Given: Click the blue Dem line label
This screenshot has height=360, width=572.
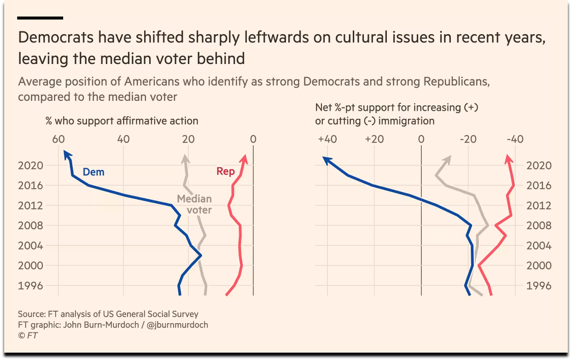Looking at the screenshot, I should coord(93,172).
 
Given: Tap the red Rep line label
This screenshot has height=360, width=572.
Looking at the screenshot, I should coord(226,171).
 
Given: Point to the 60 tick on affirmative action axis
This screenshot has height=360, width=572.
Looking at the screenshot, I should coord(58,139).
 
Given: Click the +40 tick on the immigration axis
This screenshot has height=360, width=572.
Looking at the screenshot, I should coord(327,139).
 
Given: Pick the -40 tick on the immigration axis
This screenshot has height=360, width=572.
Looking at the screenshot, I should coord(514,139).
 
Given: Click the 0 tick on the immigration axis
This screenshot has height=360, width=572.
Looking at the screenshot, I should coord(421,139).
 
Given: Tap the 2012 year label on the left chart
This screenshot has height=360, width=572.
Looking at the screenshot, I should coord(30,205).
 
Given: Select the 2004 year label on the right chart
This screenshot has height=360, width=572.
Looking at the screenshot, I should coord(539,245).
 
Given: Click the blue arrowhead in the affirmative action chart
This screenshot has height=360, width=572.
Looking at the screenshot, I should coord(66,155).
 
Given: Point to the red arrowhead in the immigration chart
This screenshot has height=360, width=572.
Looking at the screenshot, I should coord(508,159).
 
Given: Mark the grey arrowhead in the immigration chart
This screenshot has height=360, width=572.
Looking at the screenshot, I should coord(448,159).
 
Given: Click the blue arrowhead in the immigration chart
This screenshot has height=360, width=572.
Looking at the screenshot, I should coord(327,160).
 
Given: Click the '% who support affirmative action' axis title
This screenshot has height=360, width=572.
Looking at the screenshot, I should coord(122,121).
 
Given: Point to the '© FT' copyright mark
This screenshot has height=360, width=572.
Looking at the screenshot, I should coord(28,336).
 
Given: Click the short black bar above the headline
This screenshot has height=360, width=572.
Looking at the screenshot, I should coord(40,18).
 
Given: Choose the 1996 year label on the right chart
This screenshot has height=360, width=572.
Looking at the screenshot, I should coord(539,285).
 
